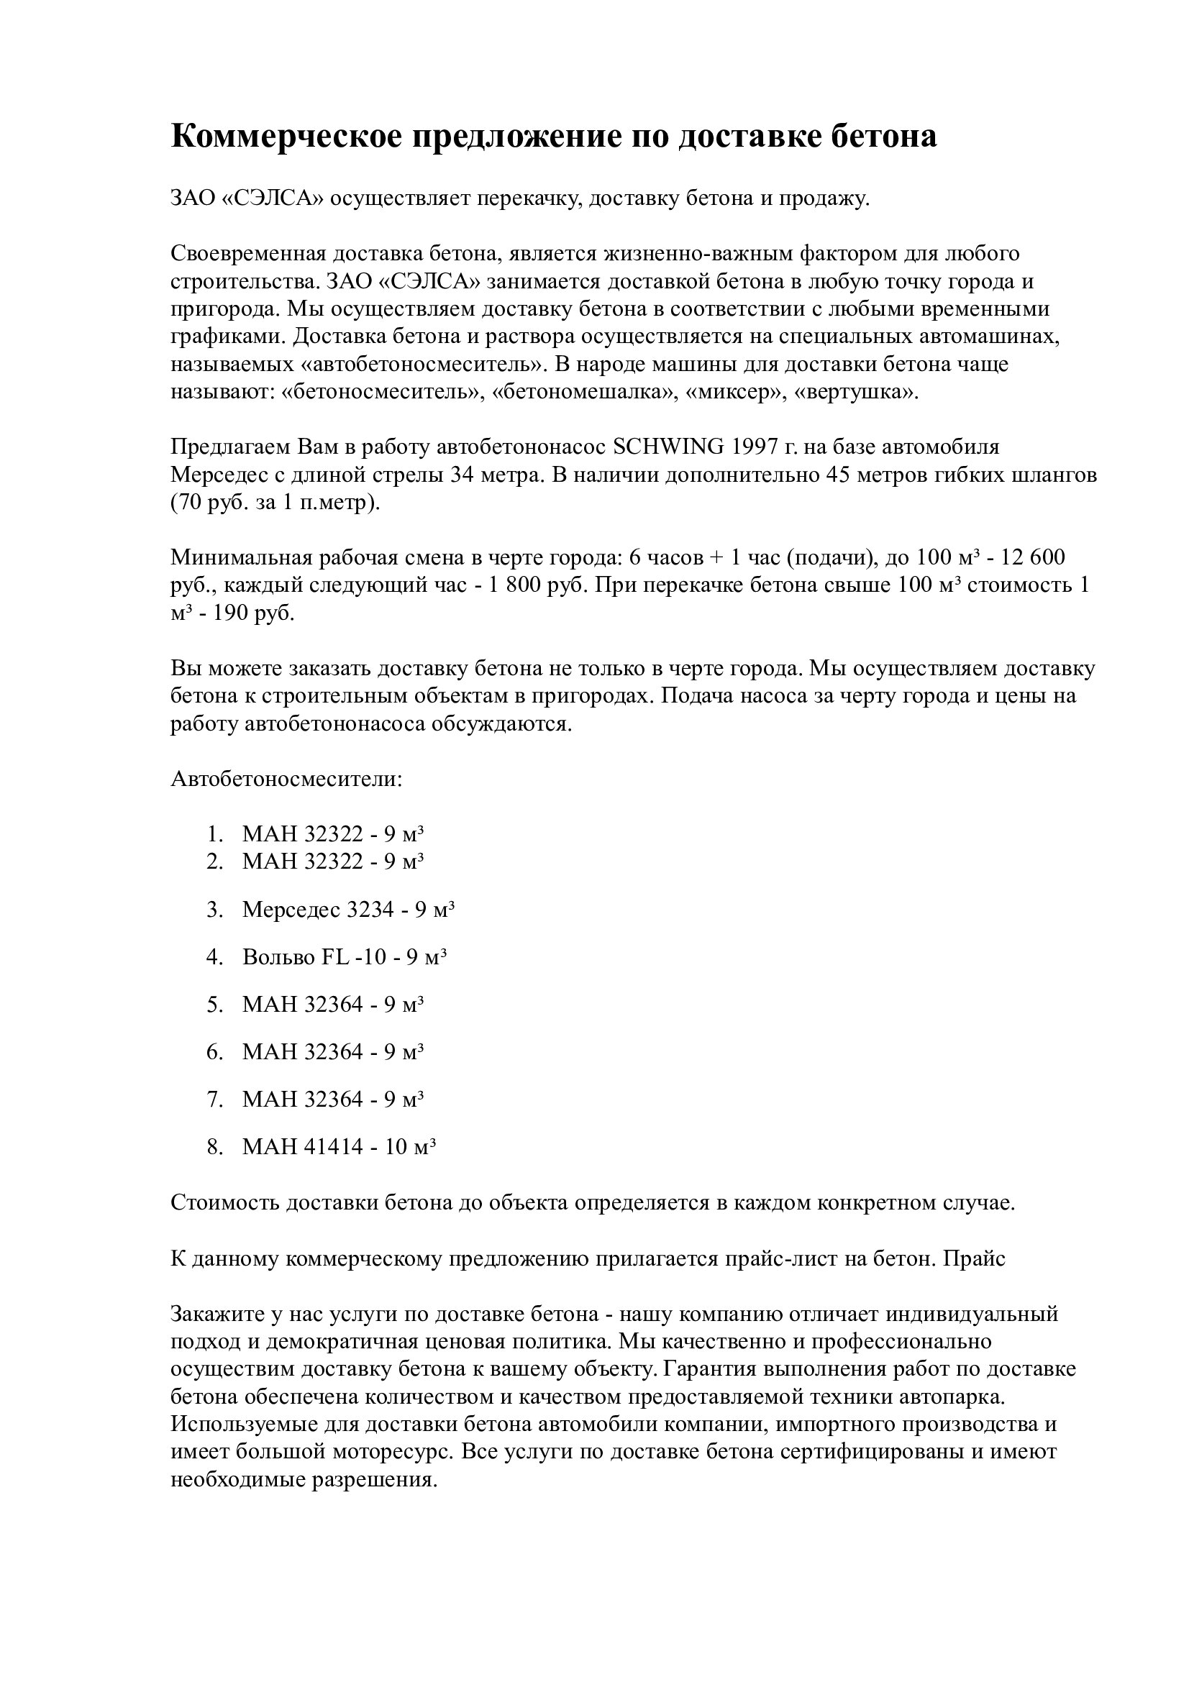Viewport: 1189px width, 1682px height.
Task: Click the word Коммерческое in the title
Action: pyautogui.click(x=286, y=136)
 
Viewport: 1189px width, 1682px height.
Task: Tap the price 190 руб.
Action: pyautogui.click(x=253, y=613)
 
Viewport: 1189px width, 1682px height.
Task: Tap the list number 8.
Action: pyautogui.click(x=214, y=1146)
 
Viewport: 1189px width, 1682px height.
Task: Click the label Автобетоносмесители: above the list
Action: pyautogui.click(x=286, y=779)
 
